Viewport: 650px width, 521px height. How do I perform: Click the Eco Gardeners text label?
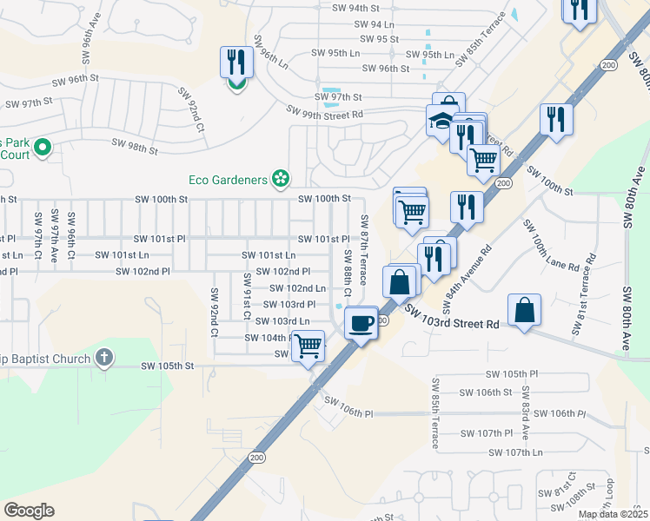click(228, 180)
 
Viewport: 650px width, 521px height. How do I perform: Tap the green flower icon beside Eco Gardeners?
click(280, 179)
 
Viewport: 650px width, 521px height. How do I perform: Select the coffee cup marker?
click(361, 323)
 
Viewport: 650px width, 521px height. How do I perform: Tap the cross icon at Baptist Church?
click(104, 358)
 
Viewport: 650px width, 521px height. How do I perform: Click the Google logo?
click(29, 511)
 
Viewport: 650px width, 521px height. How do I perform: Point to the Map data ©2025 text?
click(614, 514)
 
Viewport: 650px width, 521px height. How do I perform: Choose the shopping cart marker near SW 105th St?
click(308, 346)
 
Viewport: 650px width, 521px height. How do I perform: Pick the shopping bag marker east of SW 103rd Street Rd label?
click(525, 311)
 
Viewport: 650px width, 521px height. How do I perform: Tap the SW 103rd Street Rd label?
click(451, 323)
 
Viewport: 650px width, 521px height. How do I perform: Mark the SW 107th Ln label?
click(515, 452)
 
